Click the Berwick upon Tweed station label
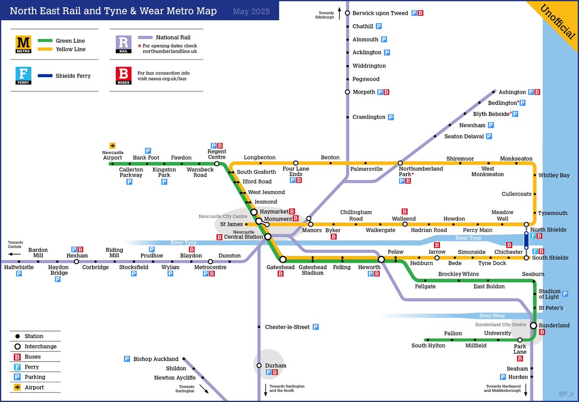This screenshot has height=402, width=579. coord(380,13)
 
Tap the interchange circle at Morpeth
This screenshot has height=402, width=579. coord(347,92)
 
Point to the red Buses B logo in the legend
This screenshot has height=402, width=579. coord(123,76)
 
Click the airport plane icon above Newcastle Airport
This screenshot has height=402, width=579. coord(112,145)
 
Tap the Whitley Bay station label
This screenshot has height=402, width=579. coord(554,175)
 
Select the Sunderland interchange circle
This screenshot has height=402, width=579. coord(534,326)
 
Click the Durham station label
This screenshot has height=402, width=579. coord(276,366)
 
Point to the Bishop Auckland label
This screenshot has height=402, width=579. coord(156,359)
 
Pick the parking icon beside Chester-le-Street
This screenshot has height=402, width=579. coord(316,327)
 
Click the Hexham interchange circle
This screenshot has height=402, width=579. coord(76,262)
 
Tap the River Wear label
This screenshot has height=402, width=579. coord(492,316)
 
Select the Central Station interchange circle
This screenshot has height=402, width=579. coord(268,236)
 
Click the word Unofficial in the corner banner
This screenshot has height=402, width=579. coord(558,22)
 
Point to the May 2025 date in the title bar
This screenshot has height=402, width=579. coord(251,11)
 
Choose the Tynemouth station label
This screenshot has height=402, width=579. coord(553,213)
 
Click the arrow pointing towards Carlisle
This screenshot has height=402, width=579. coord(14,253)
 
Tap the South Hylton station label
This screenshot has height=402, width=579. coord(428,346)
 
